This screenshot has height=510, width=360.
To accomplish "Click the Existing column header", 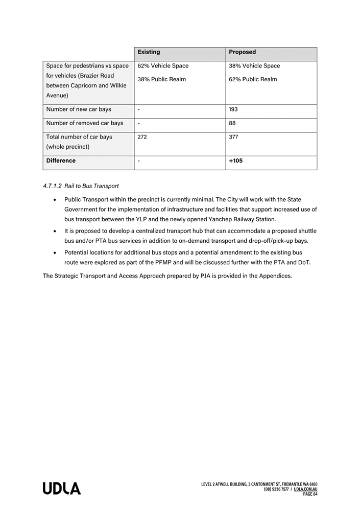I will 149,52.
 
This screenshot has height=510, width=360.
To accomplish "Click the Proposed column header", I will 242,52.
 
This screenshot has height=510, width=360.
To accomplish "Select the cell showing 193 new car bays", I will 233,109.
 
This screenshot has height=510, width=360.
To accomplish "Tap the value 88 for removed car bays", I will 232,123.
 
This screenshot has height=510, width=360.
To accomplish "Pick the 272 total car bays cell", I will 142,137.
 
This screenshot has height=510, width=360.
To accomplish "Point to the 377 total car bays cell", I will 233,137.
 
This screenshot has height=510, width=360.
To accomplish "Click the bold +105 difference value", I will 235,160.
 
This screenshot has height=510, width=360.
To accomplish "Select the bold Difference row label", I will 61,160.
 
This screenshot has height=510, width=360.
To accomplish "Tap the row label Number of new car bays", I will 79,109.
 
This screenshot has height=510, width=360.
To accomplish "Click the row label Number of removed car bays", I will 85,123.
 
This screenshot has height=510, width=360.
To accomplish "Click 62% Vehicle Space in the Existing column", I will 163,66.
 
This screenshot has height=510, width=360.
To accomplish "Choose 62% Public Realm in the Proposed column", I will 253,79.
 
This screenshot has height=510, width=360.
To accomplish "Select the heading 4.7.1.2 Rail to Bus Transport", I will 81,186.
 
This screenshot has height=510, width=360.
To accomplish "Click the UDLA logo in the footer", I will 62,489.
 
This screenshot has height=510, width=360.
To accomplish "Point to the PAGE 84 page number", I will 310,494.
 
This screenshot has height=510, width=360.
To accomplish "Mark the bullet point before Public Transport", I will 55,199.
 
